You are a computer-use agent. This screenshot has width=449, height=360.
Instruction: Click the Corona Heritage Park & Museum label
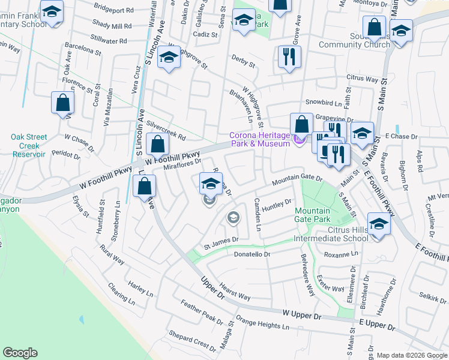(x=259, y=140)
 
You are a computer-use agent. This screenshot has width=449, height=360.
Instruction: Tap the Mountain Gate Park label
(x=312, y=215)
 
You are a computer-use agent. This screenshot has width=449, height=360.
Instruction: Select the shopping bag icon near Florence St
(x=62, y=104)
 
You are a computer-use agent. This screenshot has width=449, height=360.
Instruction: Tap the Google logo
(x=20, y=353)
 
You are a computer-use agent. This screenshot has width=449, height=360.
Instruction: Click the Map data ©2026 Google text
(x=412, y=355)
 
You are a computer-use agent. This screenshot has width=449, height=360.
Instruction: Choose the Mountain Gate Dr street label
(x=297, y=179)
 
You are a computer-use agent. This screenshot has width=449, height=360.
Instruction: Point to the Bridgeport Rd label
(x=113, y=10)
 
